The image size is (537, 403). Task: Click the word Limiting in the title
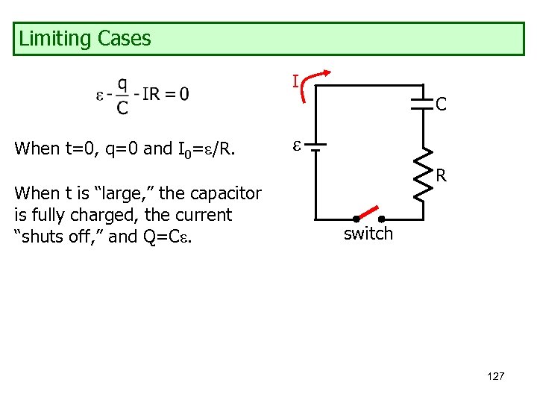tap(51, 39)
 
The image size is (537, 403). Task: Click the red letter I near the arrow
tap(295, 81)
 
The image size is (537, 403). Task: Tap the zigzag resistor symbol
tap(423, 175)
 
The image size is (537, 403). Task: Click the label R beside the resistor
tap(442, 177)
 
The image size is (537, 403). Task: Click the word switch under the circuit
tap(368, 234)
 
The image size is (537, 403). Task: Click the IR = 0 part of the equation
tap(165, 94)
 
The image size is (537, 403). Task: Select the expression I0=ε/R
tap(206, 149)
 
